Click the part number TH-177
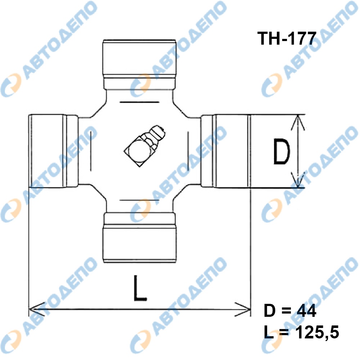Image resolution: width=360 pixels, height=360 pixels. point(287,39)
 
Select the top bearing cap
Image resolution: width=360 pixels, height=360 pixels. point(140,64)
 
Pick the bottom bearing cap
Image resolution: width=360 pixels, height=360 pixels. point(140,237)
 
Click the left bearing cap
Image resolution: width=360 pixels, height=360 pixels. point(53,151)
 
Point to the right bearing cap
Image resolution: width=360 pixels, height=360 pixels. point(226,151)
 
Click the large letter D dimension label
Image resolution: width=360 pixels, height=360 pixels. point(282,152)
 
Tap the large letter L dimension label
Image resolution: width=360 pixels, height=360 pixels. point(140,288)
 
